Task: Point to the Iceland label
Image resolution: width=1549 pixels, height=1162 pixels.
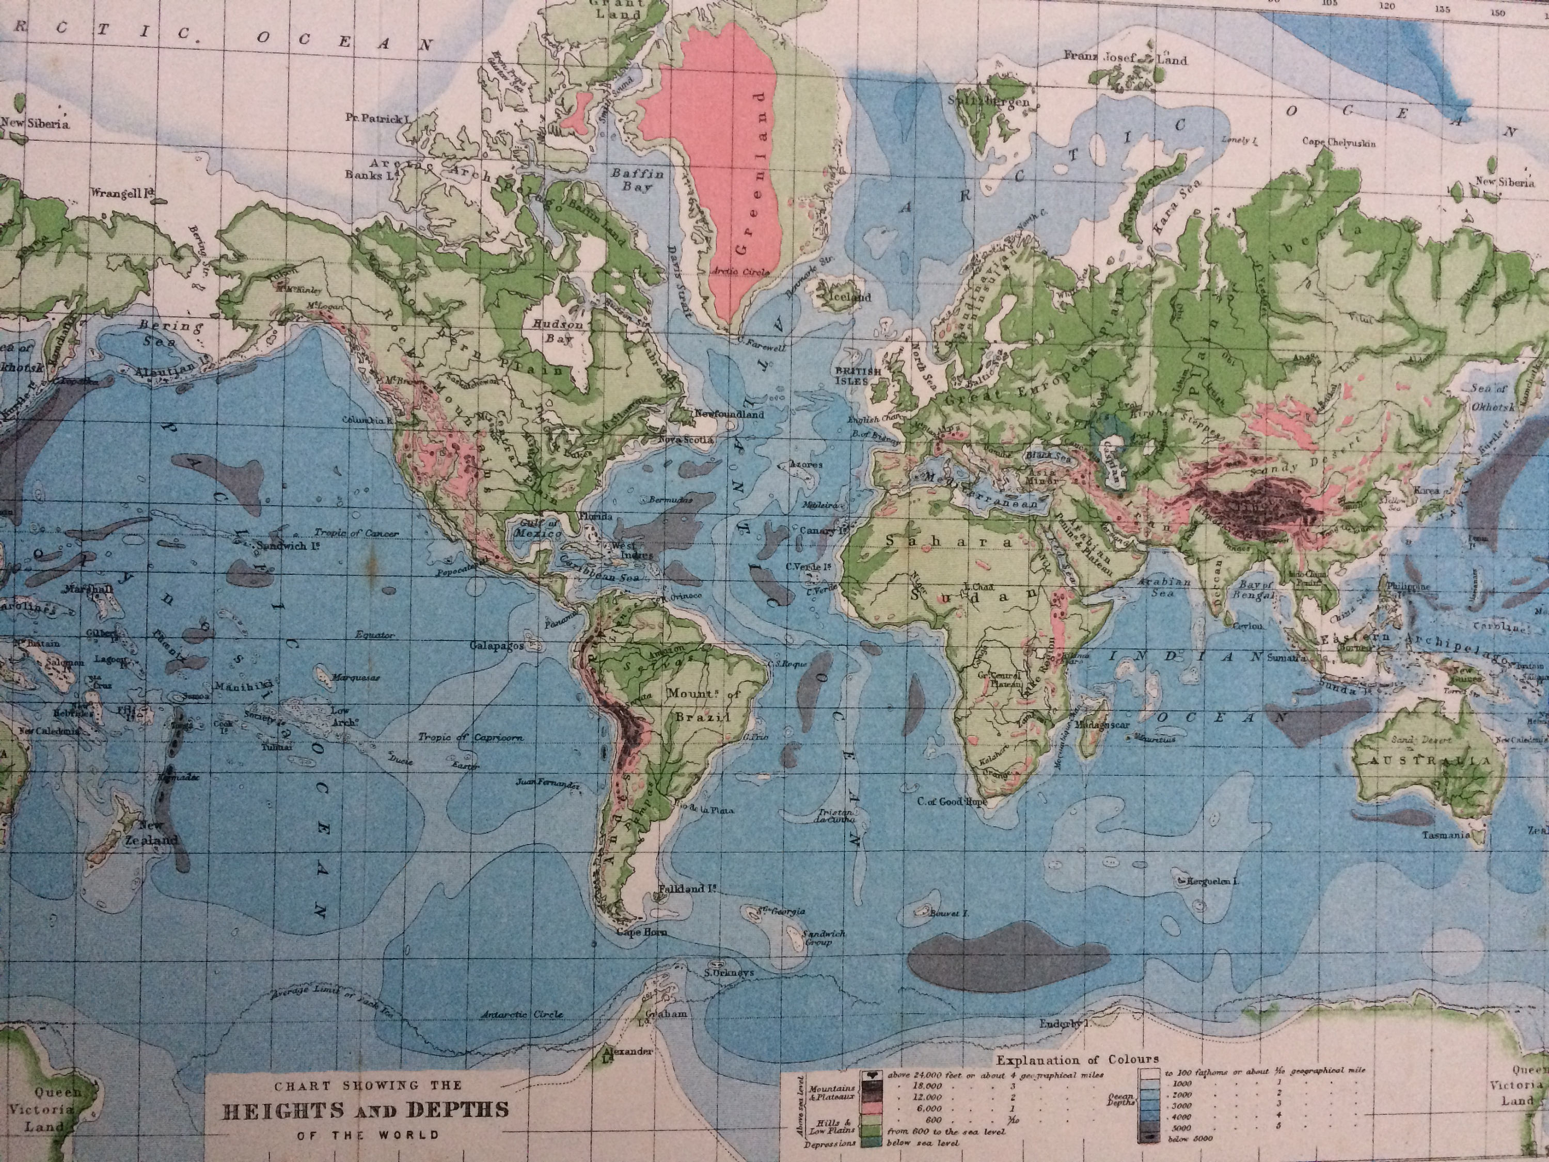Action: point(849,297)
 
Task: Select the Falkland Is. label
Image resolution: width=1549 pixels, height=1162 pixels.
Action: point(686,889)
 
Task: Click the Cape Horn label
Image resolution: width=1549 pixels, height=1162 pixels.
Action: point(641,932)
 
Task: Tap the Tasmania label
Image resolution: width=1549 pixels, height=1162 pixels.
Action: point(1445,836)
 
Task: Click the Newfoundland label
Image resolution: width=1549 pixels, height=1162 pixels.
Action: point(728,415)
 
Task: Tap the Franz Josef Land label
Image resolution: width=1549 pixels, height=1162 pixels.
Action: point(1125,59)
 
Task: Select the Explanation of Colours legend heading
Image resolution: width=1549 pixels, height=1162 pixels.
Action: point(1079,1060)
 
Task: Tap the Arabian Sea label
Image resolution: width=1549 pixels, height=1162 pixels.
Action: point(1164,587)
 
